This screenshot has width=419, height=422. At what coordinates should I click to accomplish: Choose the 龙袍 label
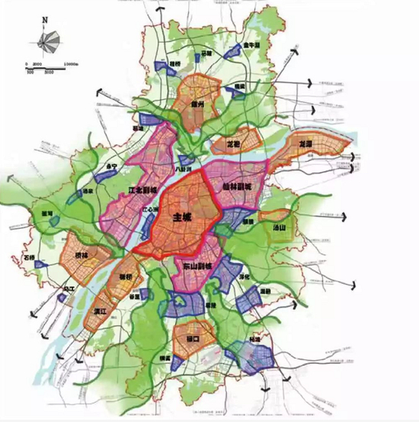point(233,143)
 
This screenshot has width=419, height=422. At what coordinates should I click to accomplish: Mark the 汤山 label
point(279,227)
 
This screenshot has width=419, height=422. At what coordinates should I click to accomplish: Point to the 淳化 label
point(243,277)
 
